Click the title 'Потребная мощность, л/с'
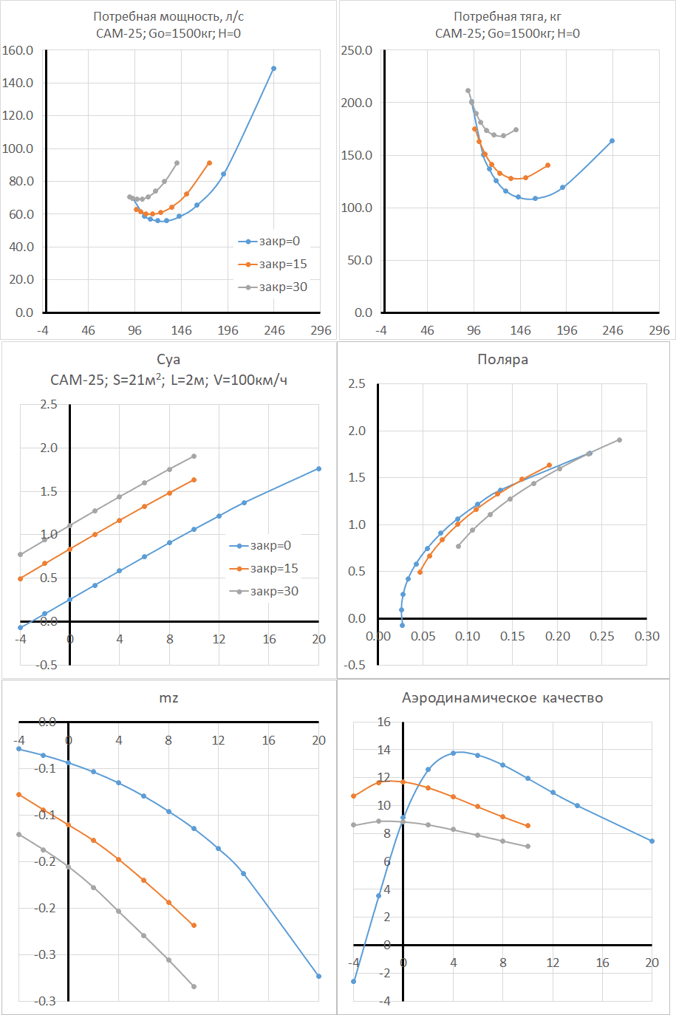pos(168,16)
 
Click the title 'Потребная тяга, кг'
pos(508,16)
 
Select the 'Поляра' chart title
pos(502,360)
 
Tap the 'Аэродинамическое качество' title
pos(502,698)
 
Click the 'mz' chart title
pos(168,698)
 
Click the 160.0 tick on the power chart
pos(18,50)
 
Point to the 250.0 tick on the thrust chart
pos(356,50)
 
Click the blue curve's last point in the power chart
pos(273,69)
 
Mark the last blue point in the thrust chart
pos(612,141)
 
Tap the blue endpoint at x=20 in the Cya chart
pos(318,468)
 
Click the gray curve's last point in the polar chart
pos(619,440)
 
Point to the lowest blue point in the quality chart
pos(354,982)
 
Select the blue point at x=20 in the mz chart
pos(318,977)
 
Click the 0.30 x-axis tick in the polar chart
pos(646,636)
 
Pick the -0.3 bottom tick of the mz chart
pos(45,1001)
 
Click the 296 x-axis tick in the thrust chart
pos(659,330)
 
